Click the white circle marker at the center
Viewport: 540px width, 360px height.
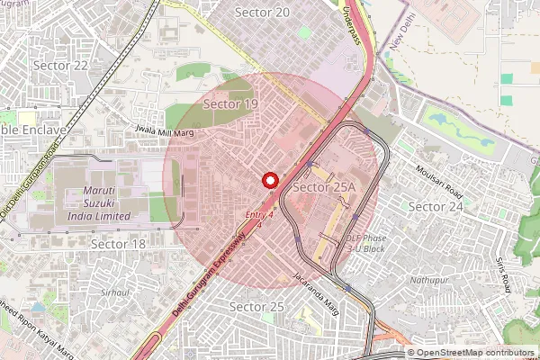pyautogui.click(x=268, y=179)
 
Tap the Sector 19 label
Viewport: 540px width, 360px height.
pyautogui.click(x=230, y=104)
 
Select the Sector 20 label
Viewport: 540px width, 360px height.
pyautogui.click(x=262, y=12)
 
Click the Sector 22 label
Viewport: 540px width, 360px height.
pyautogui.click(x=60, y=66)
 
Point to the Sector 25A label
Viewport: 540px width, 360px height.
pyautogui.click(x=327, y=187)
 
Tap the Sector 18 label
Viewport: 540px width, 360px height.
pyautogui.click(x=119, y=244)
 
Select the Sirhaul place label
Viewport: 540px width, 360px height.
pyautogui.click(x=115, y=292)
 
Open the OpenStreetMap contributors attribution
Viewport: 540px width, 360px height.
pyautogui.click(x=474, y=353)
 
